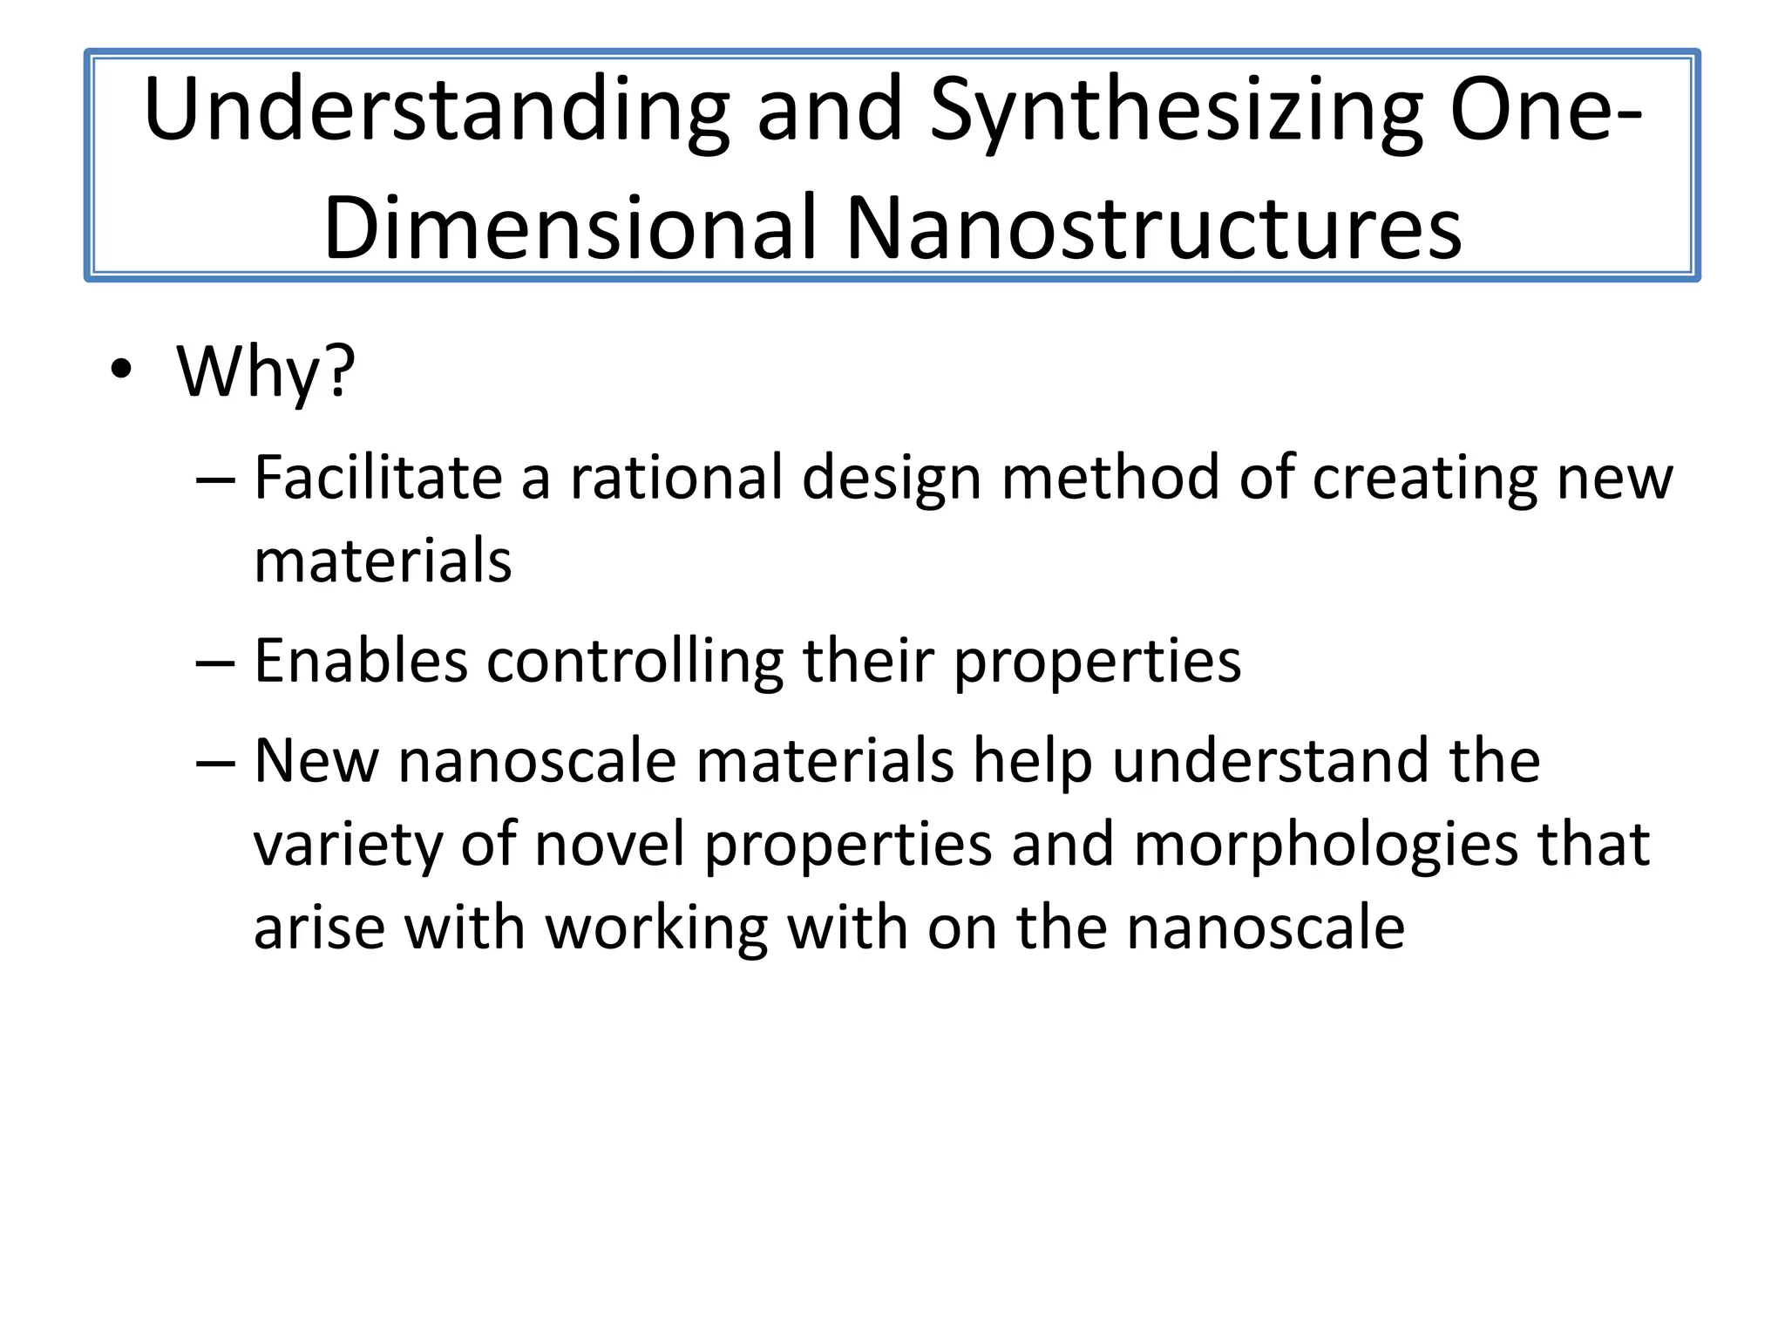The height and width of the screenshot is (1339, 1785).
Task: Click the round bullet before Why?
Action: point(121,370)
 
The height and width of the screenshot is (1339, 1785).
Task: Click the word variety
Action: point(348,846)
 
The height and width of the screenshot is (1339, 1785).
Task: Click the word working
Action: point(657,929)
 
